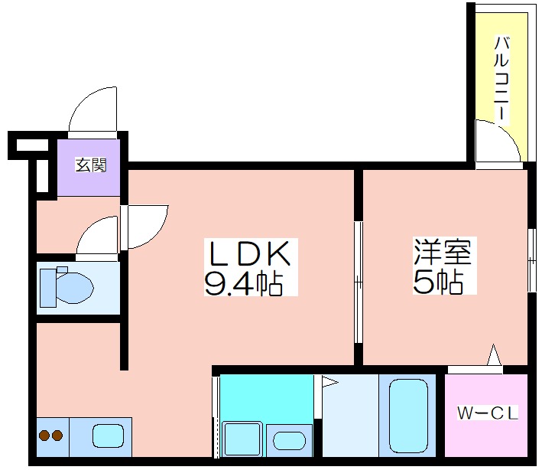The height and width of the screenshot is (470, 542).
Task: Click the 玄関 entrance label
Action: [89, 165]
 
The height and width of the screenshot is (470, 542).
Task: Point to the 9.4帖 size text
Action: [243, 284]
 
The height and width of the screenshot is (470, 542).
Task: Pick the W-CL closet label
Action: [488, 414]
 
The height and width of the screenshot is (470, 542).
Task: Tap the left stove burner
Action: [44, 436]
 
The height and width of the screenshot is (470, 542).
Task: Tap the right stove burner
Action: [57, 436]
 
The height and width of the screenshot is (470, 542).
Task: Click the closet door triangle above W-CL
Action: [494, 356]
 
